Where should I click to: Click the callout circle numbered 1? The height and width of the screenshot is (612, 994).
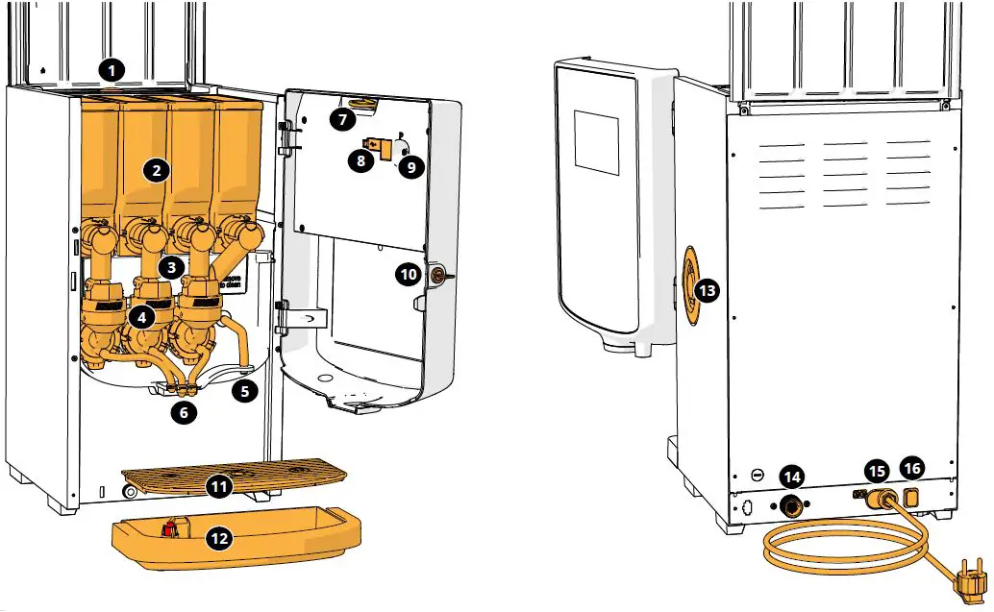(112, 70)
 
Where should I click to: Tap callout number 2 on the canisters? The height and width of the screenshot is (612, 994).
(156, 171)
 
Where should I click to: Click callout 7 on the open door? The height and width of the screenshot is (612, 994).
(341, 119)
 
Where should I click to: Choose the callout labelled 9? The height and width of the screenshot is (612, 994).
(410, 166)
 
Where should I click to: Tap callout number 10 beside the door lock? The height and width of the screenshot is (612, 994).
(409, 275)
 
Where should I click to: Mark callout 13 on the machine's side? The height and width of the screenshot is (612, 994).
(707, 289)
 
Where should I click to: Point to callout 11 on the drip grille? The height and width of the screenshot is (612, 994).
(220, 487)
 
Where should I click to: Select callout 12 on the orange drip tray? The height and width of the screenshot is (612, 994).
(220, 539)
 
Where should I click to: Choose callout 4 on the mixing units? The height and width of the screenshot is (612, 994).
(141, 315)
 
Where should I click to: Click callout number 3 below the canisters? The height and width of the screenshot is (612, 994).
(169, 267)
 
